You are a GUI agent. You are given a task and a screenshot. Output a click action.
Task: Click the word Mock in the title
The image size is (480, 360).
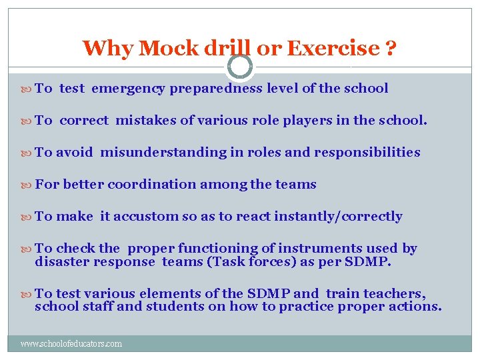[x=162, y=48]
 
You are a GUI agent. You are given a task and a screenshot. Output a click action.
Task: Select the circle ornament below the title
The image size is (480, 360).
[x=240, y=67]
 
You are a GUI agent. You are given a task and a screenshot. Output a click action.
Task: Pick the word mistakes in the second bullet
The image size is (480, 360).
[x=146, y=120]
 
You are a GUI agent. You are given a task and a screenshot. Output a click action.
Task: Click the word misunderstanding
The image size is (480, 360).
[x=163, y=152]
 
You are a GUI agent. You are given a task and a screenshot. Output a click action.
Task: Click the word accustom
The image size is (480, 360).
[x=145, y=216]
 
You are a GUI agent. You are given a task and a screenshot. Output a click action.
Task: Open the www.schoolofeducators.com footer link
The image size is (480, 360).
[x=71, y=344]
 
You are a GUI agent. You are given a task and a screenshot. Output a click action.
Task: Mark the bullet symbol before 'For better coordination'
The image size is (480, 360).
[x=27, y=185]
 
